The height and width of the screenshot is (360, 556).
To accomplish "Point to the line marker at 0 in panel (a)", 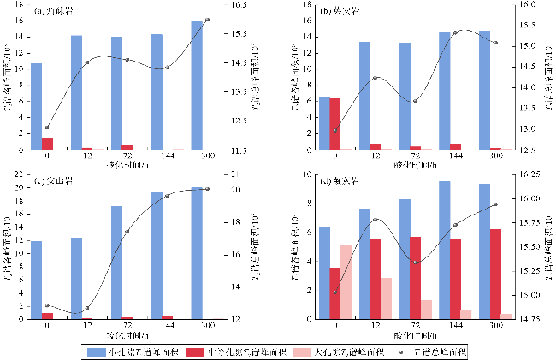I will tap(47, 127).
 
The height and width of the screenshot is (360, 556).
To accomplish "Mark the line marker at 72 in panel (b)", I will tap(415, 101).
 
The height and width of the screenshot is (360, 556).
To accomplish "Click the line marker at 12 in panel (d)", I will tap(375, 220).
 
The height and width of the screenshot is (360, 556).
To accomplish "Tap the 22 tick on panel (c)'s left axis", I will tap(17, 174).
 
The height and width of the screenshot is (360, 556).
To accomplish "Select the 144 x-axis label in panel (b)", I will tap(456, 156).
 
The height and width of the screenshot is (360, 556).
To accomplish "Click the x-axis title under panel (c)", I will tap(121, 336).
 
